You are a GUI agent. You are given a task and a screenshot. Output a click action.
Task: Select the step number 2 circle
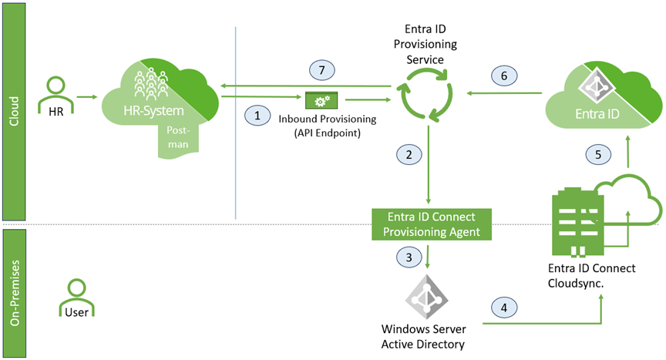[x=410, y=154]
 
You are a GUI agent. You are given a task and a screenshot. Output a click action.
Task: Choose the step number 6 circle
[x=504, y=76]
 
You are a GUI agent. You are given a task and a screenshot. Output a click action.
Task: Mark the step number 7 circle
[x=325, y=69]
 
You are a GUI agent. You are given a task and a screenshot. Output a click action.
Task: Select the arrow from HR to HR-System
[x=86, y=96]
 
